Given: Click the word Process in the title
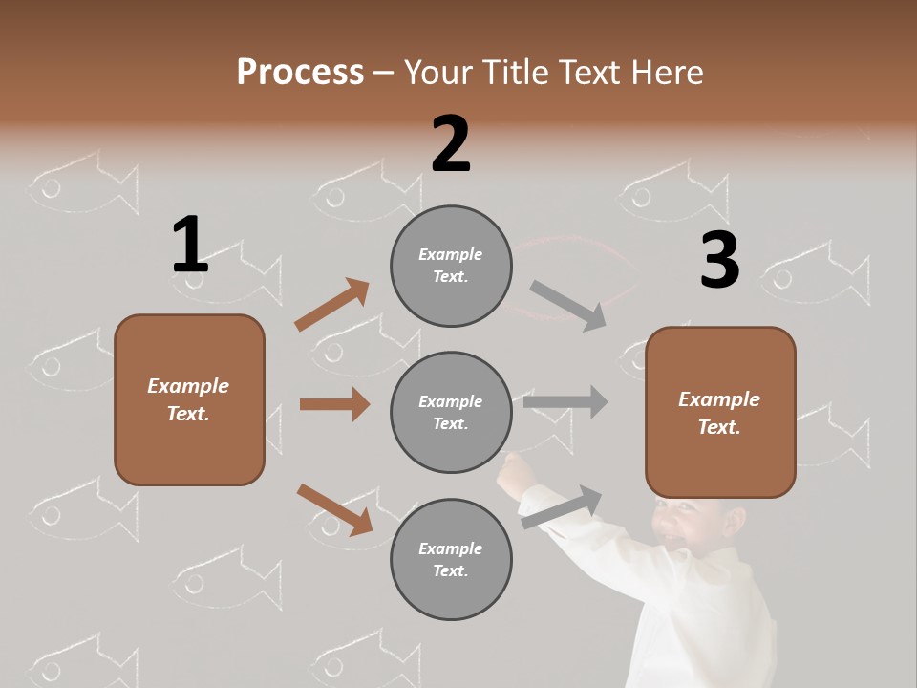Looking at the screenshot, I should click(300, 72).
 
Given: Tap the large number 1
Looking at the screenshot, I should click(190, 245).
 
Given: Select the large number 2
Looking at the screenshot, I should click(451, 143).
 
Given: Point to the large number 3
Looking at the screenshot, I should click(719, 260).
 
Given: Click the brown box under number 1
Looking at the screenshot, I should click(189, 399).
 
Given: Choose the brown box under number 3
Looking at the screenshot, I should click(720, 413).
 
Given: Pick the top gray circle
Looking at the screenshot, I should click(451, 266).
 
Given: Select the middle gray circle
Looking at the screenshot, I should click(451, 412).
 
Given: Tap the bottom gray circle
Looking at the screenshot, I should click(451, 559).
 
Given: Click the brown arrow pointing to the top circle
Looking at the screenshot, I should click(332, 304).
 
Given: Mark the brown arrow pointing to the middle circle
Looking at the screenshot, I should click(334, 404).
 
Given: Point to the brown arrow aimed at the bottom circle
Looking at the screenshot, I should click(334, 508).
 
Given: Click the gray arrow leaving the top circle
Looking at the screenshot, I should click(568, 305).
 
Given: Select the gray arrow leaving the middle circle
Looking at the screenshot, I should click(565, 402).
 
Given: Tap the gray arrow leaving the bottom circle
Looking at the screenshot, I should click(562, 506).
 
